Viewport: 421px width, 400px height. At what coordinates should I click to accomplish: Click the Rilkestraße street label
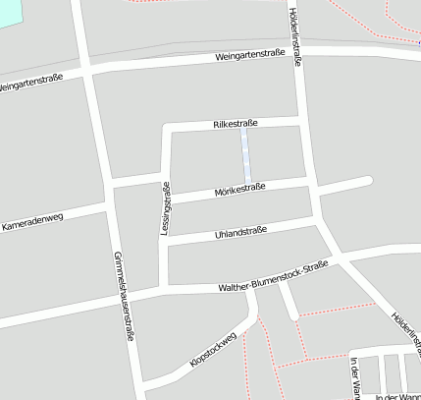point(235,123)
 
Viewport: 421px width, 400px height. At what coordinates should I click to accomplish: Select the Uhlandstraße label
point(240,233)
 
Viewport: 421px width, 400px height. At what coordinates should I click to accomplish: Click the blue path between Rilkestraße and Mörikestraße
point(245,154)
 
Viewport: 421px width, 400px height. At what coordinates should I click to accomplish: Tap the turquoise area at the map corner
point(8,12)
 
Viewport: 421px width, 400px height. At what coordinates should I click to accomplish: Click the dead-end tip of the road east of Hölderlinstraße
point(368,180)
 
